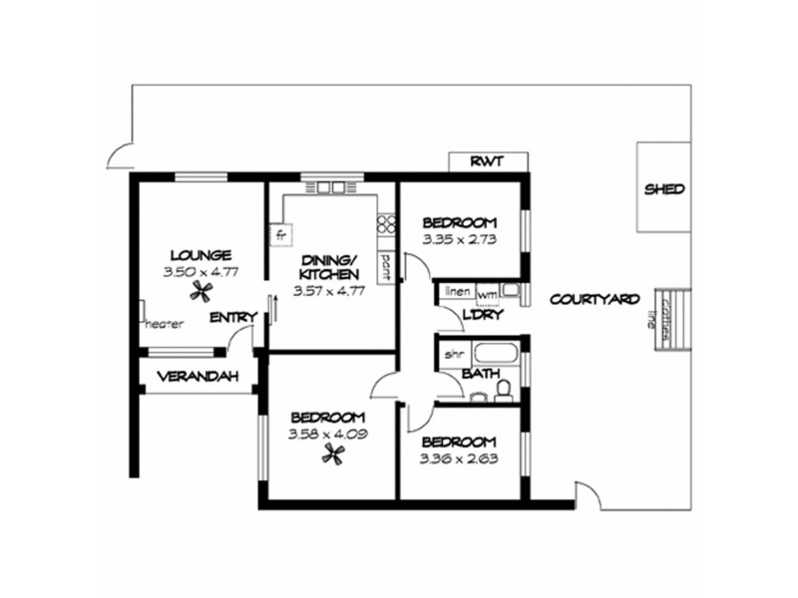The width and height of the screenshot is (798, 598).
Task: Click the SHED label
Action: point(665,188)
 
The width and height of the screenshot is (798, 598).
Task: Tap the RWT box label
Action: point(488,161)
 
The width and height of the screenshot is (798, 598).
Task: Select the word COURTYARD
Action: point(595,298)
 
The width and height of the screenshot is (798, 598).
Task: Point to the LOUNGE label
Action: point(200,254)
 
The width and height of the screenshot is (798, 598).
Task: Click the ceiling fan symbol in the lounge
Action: point(203,290)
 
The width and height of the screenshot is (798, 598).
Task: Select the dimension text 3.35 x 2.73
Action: point(460,239)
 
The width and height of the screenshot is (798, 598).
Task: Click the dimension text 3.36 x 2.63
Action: point(459,459)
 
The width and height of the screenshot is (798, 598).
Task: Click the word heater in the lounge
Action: point(165,324)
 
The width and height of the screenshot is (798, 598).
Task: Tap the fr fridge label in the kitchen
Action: point(281,235)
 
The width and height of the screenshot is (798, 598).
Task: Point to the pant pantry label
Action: point(385,264)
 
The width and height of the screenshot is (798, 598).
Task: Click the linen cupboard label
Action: point(457,292)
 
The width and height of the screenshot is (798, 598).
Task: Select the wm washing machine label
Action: point(487,295)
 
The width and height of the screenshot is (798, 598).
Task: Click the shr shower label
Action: point(454,353)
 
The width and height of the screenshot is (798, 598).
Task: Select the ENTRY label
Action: point(233,317)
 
